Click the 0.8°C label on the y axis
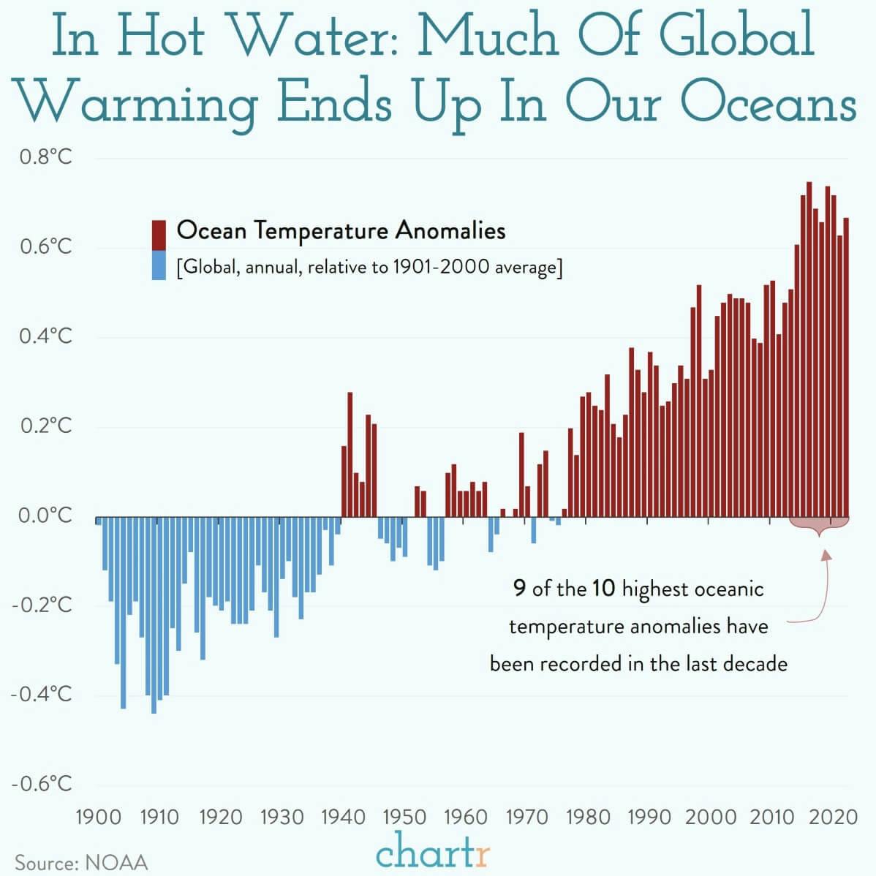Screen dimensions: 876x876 [42, 157]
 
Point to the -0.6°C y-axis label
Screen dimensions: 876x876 [42, 784]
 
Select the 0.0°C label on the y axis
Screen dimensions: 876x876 [42, 516]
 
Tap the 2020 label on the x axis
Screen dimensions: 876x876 [833, 816]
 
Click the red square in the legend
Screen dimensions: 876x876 [159, 235]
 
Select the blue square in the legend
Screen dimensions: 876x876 [159, 265]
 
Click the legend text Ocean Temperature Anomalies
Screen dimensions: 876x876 [341, 231]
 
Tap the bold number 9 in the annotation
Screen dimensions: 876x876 [519, 588]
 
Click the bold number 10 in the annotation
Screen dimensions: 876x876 [604, 588]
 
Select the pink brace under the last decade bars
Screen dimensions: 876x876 [819, 525]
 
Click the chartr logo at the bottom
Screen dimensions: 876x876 [432, 852]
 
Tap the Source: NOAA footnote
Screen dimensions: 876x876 [81, 862]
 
